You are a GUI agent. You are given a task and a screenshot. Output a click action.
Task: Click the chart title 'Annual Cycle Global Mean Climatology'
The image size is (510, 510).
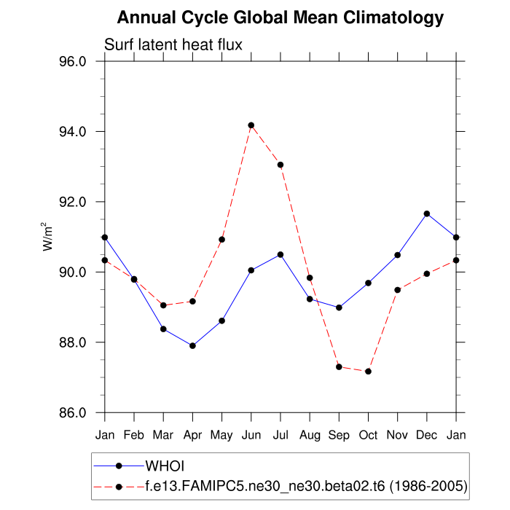click(x=280, y=17)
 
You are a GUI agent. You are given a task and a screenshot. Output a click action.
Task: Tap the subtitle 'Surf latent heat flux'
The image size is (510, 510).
click(x=173, y=45)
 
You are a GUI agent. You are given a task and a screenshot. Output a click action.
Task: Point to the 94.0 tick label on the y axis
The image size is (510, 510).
click(x=73, y=132)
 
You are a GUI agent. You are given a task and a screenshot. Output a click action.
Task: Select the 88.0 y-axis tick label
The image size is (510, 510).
click(x=73, y=342)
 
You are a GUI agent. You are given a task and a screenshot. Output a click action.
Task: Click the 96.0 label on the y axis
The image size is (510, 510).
click(x=73, y=62)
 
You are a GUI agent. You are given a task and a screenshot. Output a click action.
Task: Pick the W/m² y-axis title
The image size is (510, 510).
click(x=47, y=237)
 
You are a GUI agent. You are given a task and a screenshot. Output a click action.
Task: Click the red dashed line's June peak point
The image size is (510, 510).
click(x=251, y=125)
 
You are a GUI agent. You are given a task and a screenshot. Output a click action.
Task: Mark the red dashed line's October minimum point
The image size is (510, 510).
click(x=368, y=372)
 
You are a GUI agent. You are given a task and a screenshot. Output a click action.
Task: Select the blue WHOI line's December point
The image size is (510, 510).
click(x=427, y=213)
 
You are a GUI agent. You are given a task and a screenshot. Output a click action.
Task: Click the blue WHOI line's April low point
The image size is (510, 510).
click(x=192, y=345)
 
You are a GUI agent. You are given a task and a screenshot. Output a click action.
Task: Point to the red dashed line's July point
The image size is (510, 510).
click(x=280, y=165)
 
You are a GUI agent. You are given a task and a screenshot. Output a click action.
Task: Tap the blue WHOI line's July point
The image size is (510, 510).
click(x=280, y=254)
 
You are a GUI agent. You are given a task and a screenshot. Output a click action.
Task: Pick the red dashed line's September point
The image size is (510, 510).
click(x=339, y=366)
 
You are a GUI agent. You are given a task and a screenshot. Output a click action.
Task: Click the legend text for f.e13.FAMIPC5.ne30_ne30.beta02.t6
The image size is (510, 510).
click(x=306, y=485)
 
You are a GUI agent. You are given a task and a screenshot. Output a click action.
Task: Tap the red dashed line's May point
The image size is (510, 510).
click(x=221, y=239)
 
